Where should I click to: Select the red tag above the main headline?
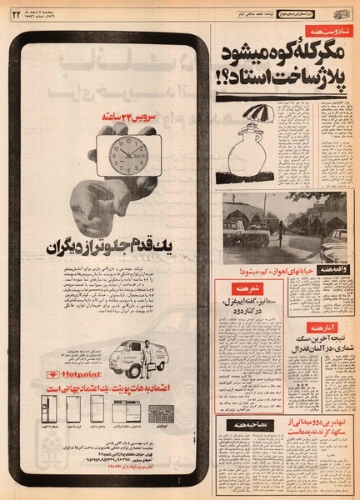click(x=327, y=31)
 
